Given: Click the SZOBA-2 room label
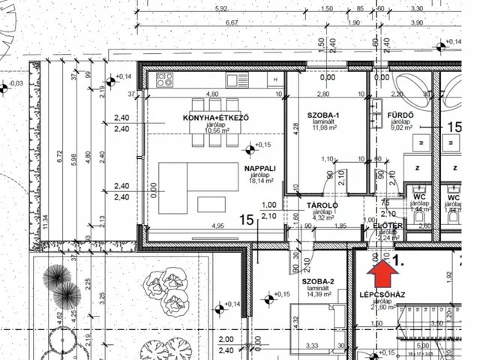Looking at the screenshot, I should tap(318, 282).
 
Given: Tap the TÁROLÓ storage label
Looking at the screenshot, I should tap(323, 205).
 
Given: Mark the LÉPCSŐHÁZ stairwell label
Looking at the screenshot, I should tap(382, 295).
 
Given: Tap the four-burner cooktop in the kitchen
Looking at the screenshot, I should tap(166, 79).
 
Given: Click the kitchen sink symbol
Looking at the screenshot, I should tap(238, 79).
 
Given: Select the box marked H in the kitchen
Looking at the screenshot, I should tap(277, 79).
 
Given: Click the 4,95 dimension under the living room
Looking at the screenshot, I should tap(217, 226).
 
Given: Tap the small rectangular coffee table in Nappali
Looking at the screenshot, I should tap(210, 203).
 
